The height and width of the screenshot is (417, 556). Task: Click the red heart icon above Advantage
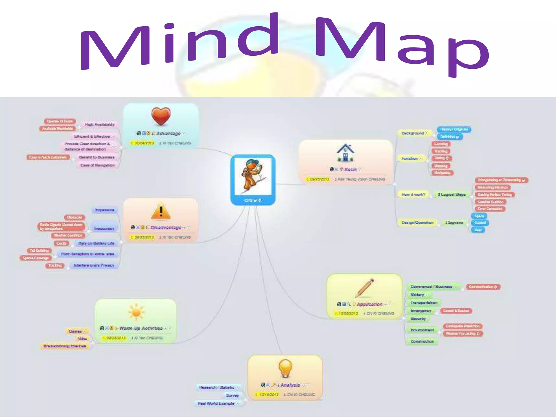(161, 116)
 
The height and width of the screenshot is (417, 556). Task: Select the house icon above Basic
(345, 153)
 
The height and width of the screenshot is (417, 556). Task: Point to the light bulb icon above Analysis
(285, 368)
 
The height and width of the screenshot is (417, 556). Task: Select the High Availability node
(100, 125)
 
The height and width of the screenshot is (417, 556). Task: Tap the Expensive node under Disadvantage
(105, 210)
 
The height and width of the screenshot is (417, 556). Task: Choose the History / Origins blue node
(454, 129)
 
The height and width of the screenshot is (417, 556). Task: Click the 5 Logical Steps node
(451, 195)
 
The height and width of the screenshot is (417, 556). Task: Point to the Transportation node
(424, 302)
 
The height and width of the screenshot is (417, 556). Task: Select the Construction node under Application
(422, 341)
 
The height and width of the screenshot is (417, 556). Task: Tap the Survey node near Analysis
(232, 396)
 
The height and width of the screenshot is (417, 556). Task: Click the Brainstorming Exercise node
(65, 346)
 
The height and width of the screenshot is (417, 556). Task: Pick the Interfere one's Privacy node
(94, 265)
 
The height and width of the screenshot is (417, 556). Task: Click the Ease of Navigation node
(97, 165)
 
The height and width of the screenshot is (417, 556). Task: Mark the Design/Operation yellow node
(417, 223)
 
